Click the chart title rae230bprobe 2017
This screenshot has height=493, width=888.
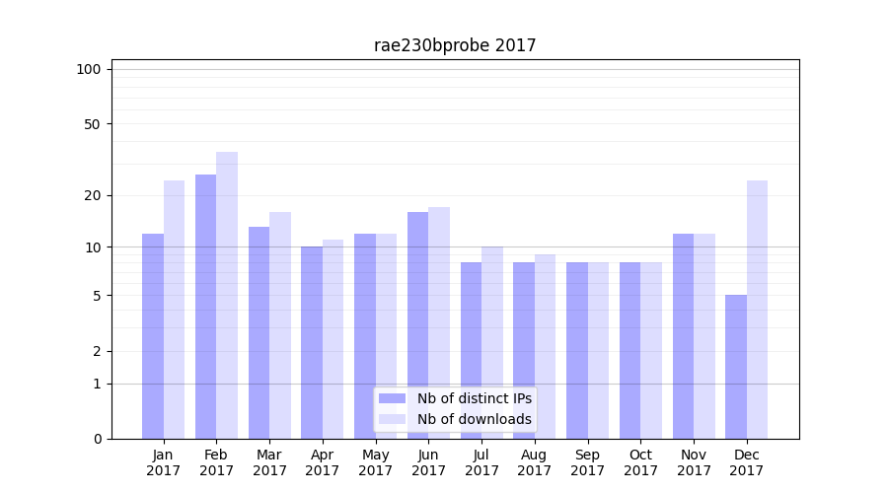point(455,45)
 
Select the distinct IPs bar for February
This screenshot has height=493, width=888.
point(205,307)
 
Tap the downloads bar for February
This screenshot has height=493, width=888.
point(227,295)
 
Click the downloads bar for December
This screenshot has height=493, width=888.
point(758,310)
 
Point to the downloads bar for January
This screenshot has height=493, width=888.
point(175,310)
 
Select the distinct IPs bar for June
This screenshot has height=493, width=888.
point(417,325)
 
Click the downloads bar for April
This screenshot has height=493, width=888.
point(333,339)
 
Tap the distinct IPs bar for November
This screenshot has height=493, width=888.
point(683,336)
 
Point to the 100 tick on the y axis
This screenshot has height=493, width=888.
point(89,69)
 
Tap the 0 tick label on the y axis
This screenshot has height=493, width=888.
point(97,439)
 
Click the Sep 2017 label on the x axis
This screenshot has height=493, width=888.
point(587,462)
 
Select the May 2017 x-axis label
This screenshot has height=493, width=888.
point(375,462)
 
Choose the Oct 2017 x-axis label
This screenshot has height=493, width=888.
point(640,462)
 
